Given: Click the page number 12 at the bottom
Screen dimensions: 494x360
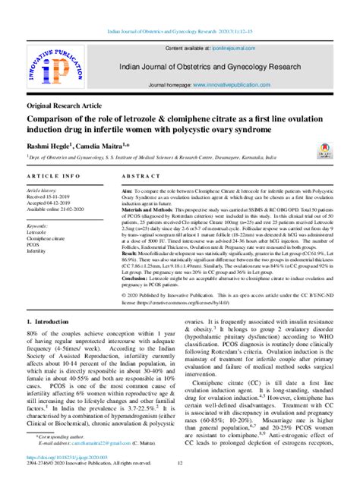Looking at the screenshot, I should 180,486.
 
